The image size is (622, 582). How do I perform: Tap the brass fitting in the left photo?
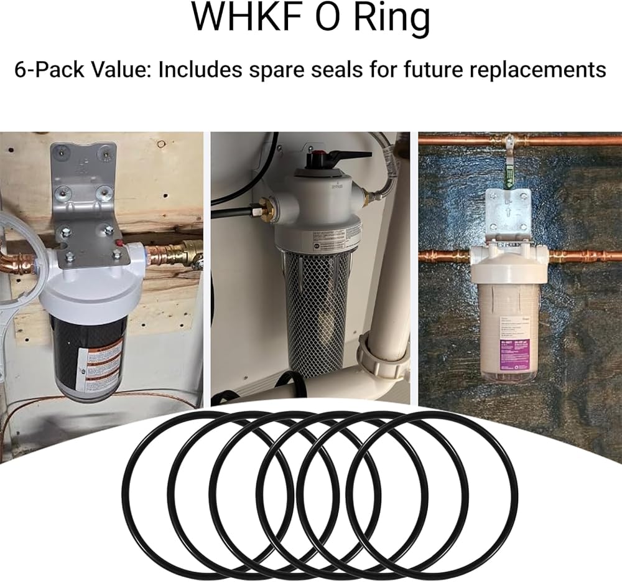pos(186,253)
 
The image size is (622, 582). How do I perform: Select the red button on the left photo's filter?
pos(131,248)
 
